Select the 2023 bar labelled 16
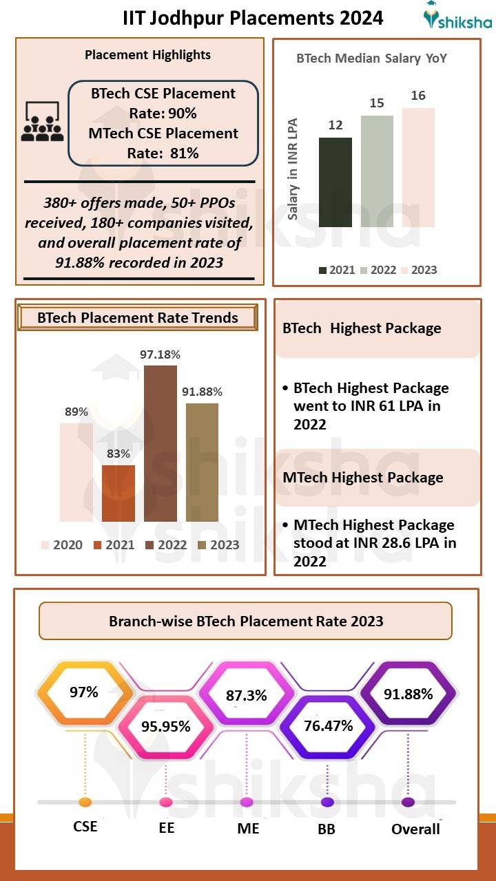(x=418, y=167)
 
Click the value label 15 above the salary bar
(x=376, y=103)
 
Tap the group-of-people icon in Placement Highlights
(x=42, y=123)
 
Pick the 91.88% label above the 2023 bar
(x=202, y=392)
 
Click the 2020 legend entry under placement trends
(x=61, y=544)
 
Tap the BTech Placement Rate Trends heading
(x=138, y=318)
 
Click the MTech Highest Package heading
(x=363, y=478)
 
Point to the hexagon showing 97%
(x=83, y=692)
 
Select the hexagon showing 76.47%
(x=328, y=726)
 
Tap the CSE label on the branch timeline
(x=85, y=827)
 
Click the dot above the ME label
(x=247, y=803)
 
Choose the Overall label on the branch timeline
(x=415, y=829)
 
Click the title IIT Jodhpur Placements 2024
(x=253, y=17)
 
